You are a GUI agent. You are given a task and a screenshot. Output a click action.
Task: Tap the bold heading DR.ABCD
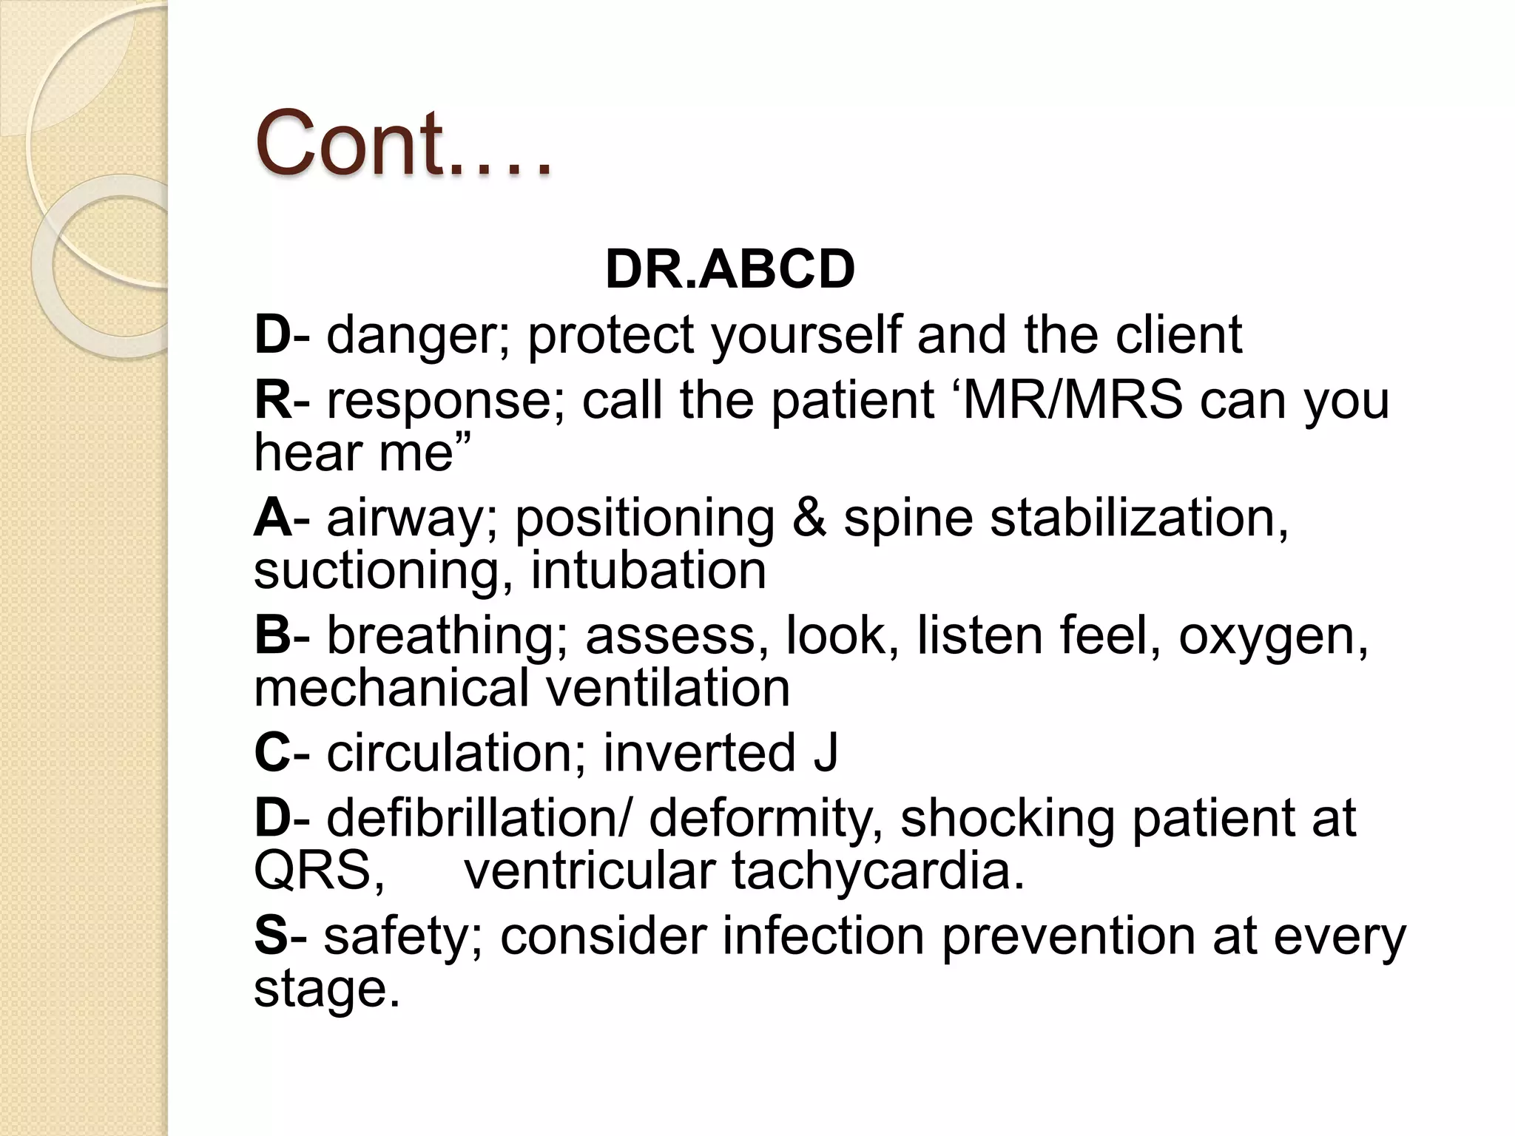(x=729, y=269)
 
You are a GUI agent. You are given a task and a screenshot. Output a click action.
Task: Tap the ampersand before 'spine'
(x=809, y=518)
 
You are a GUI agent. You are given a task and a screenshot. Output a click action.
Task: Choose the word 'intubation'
(x=648, y=570)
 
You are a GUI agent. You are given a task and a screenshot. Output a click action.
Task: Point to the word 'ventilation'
(x=668, y=688)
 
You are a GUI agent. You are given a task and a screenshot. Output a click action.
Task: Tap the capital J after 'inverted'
(x=825, y=753)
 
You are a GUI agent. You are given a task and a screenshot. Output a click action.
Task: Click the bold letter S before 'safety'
(x=270, y=936)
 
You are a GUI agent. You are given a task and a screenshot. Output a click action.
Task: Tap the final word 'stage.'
(x=326, y=990)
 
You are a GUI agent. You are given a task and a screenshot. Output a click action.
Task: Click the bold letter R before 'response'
(x=272, y=400)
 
